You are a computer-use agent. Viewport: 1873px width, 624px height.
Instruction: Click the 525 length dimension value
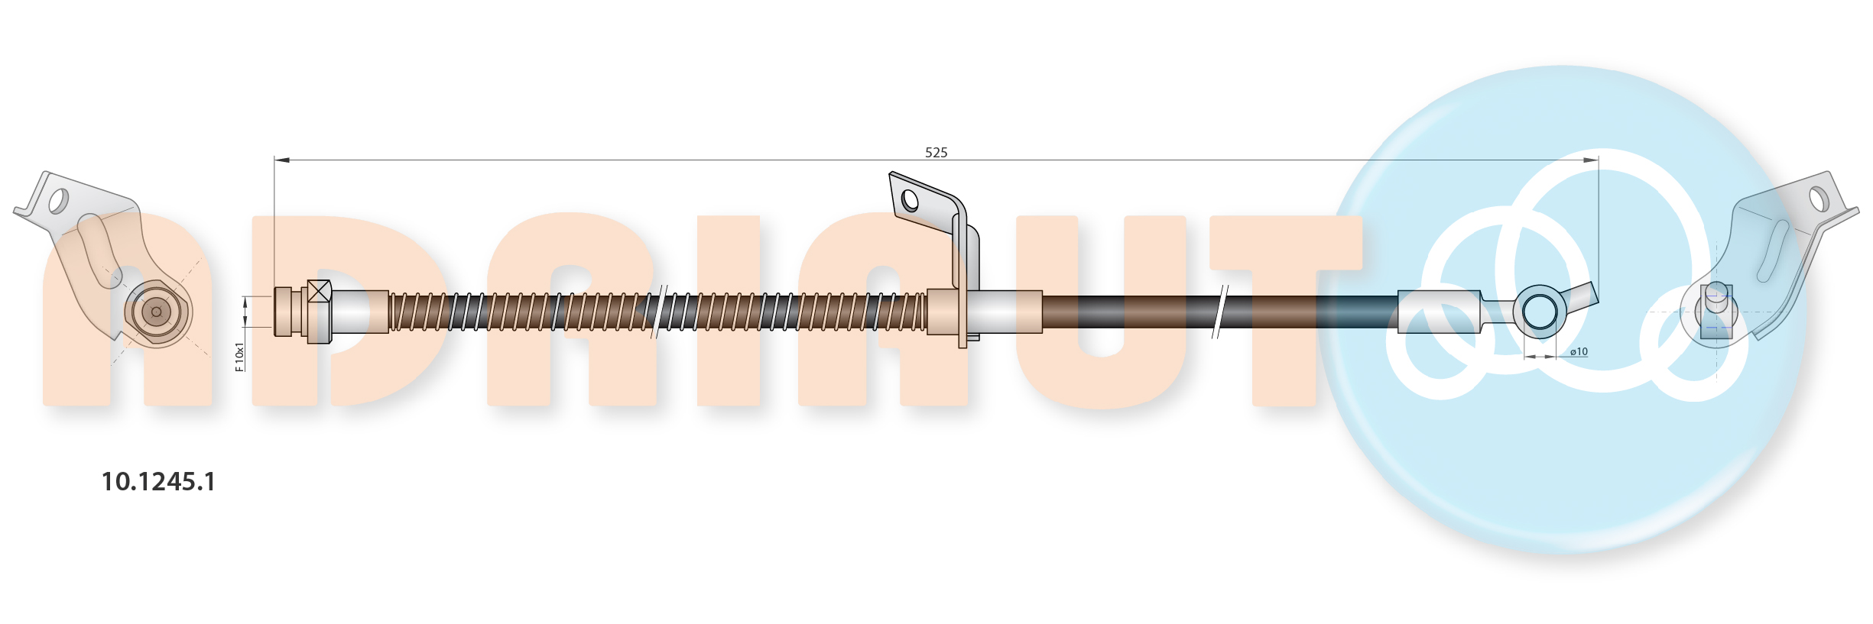tap(936, 153)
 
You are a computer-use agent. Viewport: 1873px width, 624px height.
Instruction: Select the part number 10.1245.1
tap(158, 481)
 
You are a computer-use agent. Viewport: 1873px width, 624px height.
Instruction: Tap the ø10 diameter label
tap(1579, 351)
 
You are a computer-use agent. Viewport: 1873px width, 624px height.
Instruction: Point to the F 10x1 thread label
tap(239, 357)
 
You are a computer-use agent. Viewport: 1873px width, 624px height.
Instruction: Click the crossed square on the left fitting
tap(319, 291)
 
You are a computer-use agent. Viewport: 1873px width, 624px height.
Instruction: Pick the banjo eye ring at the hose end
tap(1540, 312)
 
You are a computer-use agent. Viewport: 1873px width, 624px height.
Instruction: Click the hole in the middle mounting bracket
tap(910, 200)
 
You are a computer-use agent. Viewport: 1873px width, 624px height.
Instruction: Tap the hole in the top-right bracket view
tap(1819, 199)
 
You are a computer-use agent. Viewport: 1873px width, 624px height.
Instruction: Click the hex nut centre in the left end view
tap(157, 312)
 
